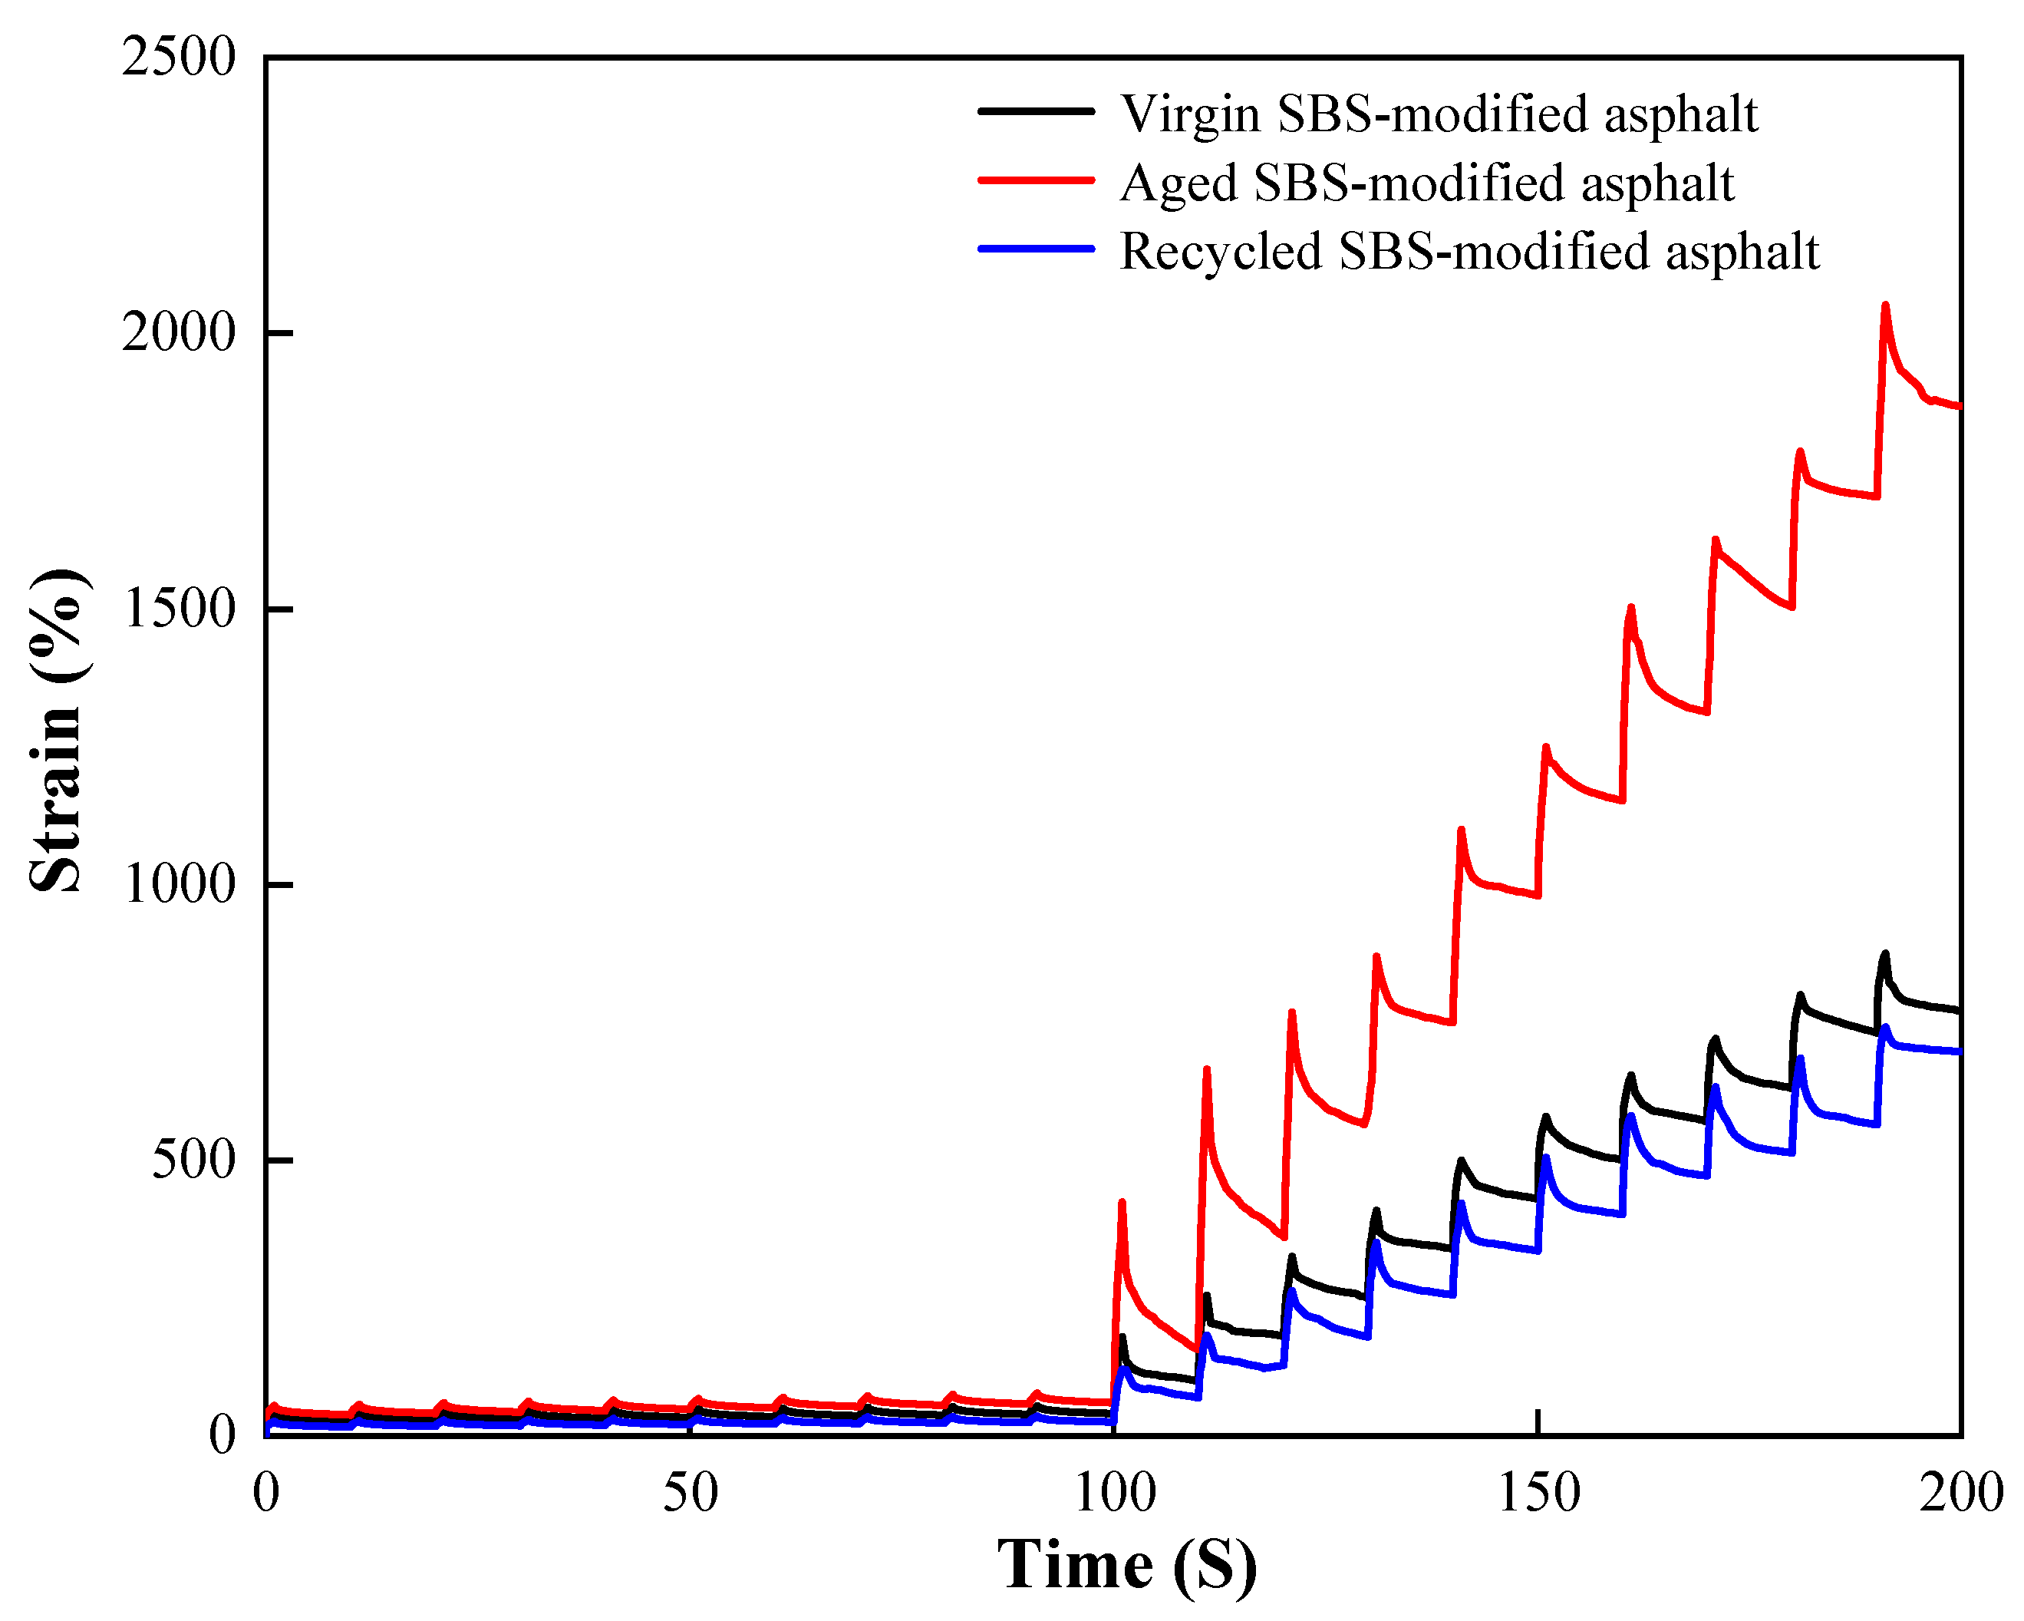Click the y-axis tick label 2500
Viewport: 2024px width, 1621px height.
[177, 58]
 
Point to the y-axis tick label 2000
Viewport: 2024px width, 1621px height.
[177, 333]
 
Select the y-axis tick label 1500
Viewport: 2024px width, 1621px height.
[177, 609]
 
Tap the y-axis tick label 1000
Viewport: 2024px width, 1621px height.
[177, 885]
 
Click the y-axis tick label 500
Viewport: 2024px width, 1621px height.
[193, 1160]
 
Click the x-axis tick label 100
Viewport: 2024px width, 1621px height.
[1114, 1494]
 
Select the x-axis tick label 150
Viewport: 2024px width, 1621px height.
[1538, 1494]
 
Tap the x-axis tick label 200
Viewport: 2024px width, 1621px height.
[1960, 1494]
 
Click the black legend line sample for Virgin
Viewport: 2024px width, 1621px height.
[1037, 111]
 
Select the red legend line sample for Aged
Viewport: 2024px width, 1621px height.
[1037, 180]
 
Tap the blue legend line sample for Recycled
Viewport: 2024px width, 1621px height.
[1037, 249]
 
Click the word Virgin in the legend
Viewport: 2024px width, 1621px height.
[1189, 114]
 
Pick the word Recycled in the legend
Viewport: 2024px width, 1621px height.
[1221, 252]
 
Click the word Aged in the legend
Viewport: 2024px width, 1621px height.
[1178, 183]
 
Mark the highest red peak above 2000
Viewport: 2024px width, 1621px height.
[1885, 305]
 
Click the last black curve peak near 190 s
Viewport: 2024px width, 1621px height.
[1884, 954]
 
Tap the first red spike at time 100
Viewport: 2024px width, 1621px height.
[1122, 1203]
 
